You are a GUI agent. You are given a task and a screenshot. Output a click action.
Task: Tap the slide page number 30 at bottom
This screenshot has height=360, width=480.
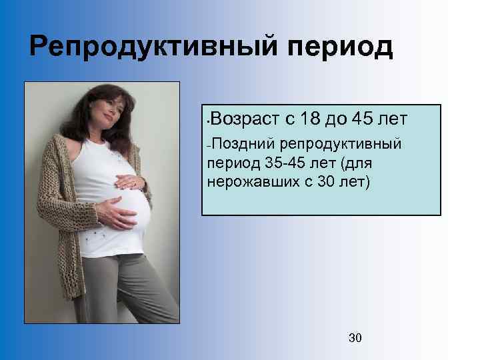point(355,338)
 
